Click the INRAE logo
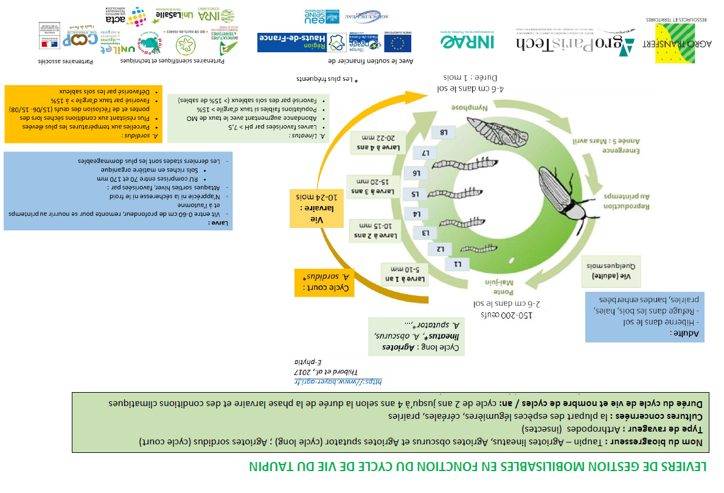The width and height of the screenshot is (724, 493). (467, 41)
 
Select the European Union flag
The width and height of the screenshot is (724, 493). (397, 43)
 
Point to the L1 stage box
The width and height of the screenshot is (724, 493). (458, 264)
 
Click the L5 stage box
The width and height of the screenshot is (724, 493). (416, 195)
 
